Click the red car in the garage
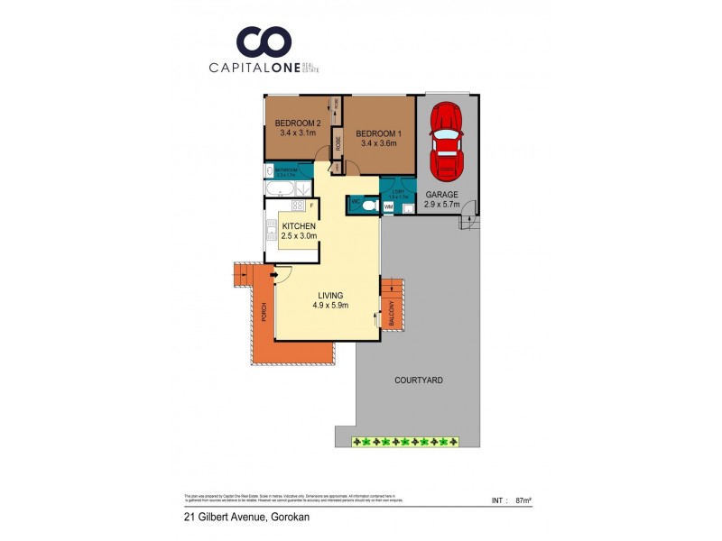tap(446, 141)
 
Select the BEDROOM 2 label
tap(297, 124)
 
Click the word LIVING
tap(329, 294)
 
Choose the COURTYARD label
tap(418, 381)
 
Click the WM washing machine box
tap(388, 207)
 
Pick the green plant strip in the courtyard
tap(403, 442)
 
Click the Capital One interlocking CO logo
tap(264, 41)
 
